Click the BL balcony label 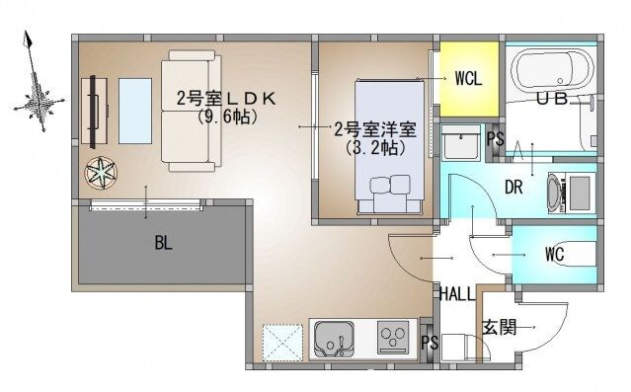coord(163,243)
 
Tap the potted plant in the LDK coord(101,173)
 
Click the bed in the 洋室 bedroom coord(389,143)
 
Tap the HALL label coord(457,293)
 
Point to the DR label coord(513,188)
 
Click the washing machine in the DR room coord(573,190)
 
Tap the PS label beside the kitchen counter coord(428,343)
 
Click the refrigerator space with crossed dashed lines coord(279,343)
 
